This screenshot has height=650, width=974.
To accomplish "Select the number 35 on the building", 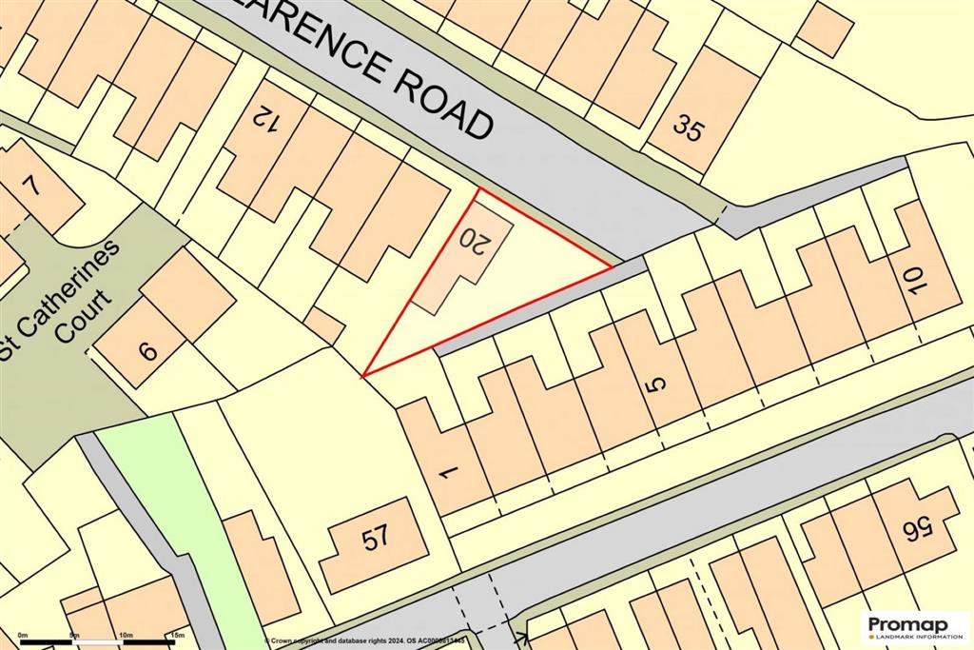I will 688,127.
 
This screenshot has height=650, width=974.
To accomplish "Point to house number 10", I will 915,281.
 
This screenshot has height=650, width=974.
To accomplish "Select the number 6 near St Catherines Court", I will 148,350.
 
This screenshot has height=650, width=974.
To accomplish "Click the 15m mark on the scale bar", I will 176,635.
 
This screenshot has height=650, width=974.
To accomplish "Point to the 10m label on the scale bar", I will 125,635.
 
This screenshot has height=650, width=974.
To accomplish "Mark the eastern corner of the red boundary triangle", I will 611,268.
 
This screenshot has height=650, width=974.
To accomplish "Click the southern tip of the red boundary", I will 363,375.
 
